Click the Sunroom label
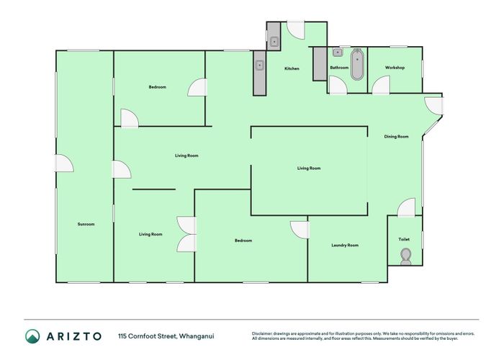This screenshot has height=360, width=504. pyautogui.click(x=86, y=224)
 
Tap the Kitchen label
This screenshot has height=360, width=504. pyautogui.click(x=292, y=68)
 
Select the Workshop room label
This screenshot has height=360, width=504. pyautogui.click(x=395, y=68)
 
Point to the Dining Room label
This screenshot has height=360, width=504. pyautogui.click(x=396, y=136)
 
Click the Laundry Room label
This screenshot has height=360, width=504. pyautogui.click(x=345, y=246)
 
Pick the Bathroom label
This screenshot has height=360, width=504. pyautogui.click(x=339, y=68)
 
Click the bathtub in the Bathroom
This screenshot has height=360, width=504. pyautogui.click(x=357, y=64)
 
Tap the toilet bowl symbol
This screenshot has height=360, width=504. pyautogui.click(x=405, y=256)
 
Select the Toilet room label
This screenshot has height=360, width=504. pyautogui.click(x=404, y=239)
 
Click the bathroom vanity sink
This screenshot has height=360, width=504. pyautogui.click(x=337, y=53)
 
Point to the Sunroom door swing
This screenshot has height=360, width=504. pyautogui.click(x=65, y=164)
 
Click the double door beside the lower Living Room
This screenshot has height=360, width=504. pyautogui.click(x=187, y=234)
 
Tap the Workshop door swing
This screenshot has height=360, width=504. pyautogui.click(x=380, y=85)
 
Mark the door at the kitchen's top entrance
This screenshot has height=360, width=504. pyautogui.click(x=296, y=30)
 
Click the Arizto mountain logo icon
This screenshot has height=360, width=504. pyautogui.click(x=33, y=336)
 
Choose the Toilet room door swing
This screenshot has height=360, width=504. pyautogui.click(x=407, y=208)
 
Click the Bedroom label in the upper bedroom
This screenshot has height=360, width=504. pyautogui.click(x=158, y=87)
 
